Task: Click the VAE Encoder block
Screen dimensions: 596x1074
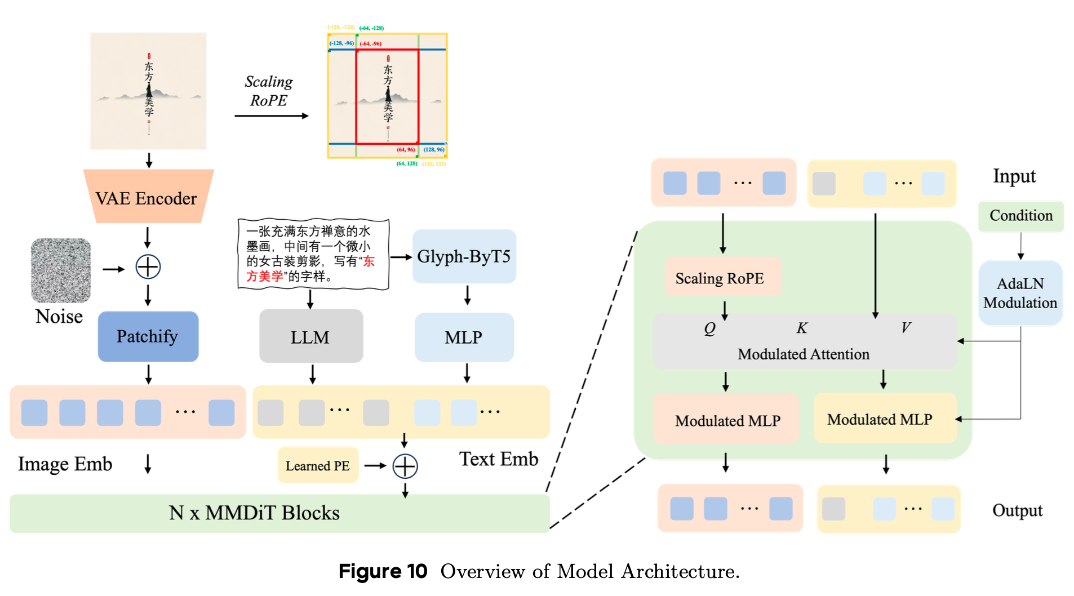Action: pos(148,197)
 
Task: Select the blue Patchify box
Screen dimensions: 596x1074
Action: pos(148,336)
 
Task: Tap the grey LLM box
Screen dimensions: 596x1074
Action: pos(310,336)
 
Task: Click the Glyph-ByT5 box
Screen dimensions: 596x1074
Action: pos(464,256)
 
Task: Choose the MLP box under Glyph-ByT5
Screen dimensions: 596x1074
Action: pos(464,337)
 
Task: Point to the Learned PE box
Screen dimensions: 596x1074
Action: pos(318,465)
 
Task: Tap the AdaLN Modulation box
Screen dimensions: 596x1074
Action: pos(1020,293)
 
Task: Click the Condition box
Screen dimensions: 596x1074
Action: pos(1020,216)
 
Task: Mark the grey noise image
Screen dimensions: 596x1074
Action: pos(61,270)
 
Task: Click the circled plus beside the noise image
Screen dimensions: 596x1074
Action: pos(148,267)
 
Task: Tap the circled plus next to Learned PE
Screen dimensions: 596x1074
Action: pos(405,466)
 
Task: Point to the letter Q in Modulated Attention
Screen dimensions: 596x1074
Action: pos(709,328)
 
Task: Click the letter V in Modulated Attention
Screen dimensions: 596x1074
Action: pos(905,327)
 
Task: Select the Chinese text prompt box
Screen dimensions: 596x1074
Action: pos(313,254)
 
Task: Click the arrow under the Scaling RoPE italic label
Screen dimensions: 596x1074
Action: pos(272,116)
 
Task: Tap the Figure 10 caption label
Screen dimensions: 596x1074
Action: pos(383,571)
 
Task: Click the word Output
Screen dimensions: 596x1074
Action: pos(1017,510)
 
